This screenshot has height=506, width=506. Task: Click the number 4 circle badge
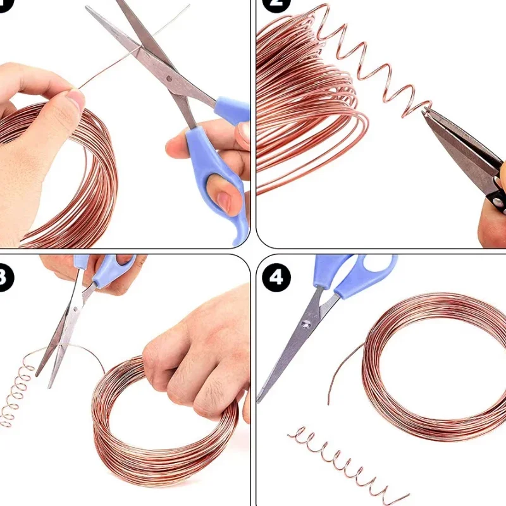(x=277, y=277)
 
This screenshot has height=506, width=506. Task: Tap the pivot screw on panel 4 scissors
(x=306, y=324)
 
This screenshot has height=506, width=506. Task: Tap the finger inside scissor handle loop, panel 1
(x=223, y=201)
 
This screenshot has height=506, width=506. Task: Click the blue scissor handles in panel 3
(x=104, y=269)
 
